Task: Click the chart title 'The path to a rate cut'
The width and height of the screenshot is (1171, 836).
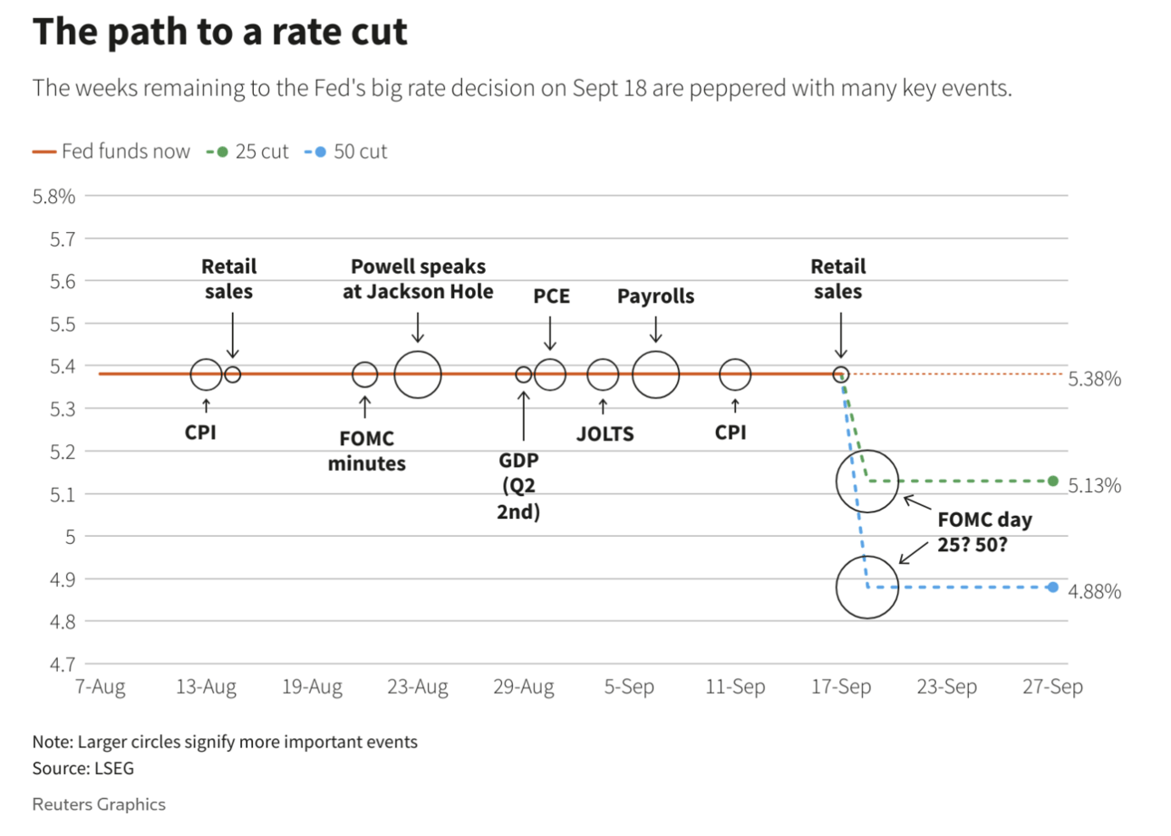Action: pos(220,33)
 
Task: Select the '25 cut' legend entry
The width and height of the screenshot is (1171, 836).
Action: pos(253,151)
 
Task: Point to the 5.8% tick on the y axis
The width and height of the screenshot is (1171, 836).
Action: pos(54,196)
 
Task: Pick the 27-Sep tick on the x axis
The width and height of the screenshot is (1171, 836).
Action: pos(1052,687)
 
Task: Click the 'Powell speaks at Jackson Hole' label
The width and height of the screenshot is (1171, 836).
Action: pos(418,279)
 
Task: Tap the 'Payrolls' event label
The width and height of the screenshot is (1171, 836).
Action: pos(655,296)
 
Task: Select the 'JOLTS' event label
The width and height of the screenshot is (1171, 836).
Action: pos(605,433)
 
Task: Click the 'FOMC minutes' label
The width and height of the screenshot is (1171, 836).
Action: pos(366,451)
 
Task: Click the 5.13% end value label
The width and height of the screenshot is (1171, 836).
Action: pos(1095,486)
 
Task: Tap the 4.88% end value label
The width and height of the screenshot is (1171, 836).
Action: pos(1095,592)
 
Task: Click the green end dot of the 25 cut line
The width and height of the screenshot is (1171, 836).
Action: pos(1052,481)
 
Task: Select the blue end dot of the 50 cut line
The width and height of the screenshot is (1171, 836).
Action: pos(1052,588)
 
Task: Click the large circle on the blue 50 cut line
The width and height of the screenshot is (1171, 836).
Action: pos(867,588)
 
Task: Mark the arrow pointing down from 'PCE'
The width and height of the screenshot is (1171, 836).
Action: pos(549,334)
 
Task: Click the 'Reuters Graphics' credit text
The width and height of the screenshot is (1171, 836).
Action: pos(99,804)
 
